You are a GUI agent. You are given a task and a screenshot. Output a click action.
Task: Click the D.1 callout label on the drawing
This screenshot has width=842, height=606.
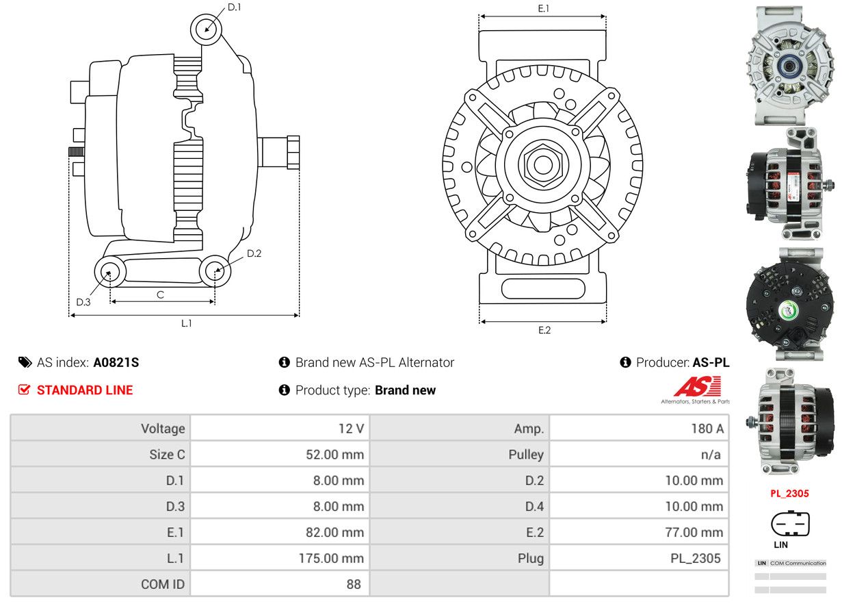click(x=234, y=7)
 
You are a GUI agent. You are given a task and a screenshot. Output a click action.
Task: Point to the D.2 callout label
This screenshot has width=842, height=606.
click(x=254, y=253)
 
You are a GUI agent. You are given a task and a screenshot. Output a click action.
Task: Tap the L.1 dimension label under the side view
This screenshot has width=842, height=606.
click(x=187, y=323)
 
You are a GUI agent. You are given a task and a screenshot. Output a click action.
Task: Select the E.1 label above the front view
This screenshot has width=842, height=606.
click(x=544, y=8)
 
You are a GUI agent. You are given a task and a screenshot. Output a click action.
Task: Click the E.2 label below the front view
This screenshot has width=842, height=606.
click(x=544, y=330)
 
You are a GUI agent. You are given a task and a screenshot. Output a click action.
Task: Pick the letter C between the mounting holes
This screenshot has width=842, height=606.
click(x=161, y=294)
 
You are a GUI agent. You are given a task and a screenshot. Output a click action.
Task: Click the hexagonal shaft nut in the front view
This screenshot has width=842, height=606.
click(x=543, y=164)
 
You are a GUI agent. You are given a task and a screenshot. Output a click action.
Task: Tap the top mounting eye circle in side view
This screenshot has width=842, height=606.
click(x=206, y=29)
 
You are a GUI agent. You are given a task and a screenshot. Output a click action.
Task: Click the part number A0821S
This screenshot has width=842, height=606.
click(x=116, y=362)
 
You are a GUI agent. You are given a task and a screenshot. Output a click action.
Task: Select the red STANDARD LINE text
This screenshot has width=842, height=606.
click(x=85, y=390)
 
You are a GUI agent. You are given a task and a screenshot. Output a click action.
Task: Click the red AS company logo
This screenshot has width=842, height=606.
click(x=698, y=387)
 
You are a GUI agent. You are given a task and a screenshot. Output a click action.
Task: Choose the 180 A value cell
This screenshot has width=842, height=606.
click(x=707, y=429)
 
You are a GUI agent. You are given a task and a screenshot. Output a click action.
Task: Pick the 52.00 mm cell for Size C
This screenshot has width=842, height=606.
click(x=334, y=454)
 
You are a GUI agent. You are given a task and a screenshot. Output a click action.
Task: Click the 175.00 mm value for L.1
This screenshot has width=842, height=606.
click(x=331, y=558)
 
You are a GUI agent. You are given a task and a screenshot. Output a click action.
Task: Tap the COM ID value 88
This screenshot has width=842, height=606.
click(x=354, y=584)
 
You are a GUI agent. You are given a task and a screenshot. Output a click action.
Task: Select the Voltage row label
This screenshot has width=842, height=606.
click(x=163, y=429)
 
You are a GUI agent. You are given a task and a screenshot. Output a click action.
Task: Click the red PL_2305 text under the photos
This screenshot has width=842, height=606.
click(x=789, y=494)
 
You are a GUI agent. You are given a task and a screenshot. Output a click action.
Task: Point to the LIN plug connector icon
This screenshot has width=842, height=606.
click(x=790, y=523)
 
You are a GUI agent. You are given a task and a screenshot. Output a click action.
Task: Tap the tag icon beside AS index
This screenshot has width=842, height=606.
click(x=25, y=362)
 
